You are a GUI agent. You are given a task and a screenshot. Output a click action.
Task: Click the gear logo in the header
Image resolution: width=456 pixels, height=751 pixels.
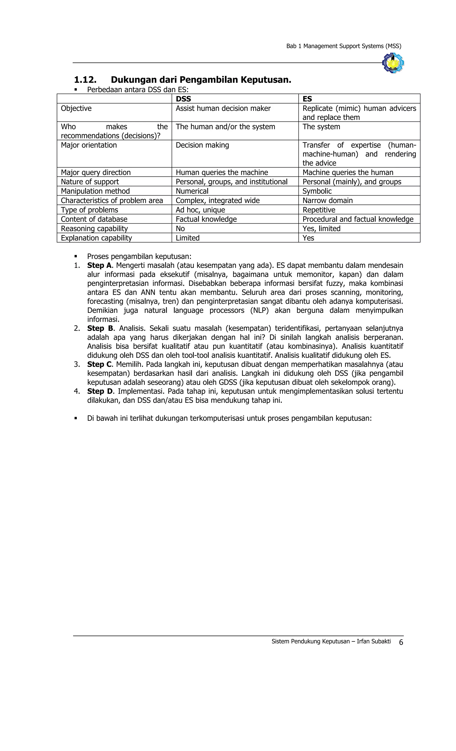(x=393, y=63)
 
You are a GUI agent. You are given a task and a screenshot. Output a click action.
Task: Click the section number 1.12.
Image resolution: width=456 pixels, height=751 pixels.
(x=85, y=80)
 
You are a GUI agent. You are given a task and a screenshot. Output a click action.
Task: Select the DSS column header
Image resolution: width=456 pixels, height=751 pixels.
(x=183, y=99)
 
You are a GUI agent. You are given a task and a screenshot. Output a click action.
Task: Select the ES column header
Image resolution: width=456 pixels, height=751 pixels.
(x=307, y=99)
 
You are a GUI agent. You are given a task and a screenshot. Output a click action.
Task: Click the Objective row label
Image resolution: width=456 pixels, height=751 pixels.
(x=76, y=108)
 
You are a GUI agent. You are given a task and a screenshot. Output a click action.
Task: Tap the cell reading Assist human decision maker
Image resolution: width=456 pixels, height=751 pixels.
(x=223, y=108)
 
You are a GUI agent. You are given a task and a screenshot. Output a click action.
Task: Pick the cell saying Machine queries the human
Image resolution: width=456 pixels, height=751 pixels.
(x=348, y=173)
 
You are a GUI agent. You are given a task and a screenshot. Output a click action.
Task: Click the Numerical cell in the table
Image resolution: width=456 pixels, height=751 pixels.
(x=192, y=191)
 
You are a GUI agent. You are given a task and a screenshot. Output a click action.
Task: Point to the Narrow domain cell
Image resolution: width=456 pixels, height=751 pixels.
(x=327, y=201)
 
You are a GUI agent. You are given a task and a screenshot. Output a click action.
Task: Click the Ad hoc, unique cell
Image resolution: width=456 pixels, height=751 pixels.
(x=200, y=210)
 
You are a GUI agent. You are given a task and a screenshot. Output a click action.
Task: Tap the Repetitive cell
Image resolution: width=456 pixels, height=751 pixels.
(x=319, y=210)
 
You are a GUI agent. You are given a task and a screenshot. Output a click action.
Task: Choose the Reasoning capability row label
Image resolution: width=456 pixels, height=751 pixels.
(x=94, y=229)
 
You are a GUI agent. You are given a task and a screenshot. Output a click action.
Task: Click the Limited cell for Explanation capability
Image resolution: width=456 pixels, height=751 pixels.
(x=187, y=238)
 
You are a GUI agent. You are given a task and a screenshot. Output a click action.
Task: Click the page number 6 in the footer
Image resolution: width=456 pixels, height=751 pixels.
(x=401, y=642)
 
